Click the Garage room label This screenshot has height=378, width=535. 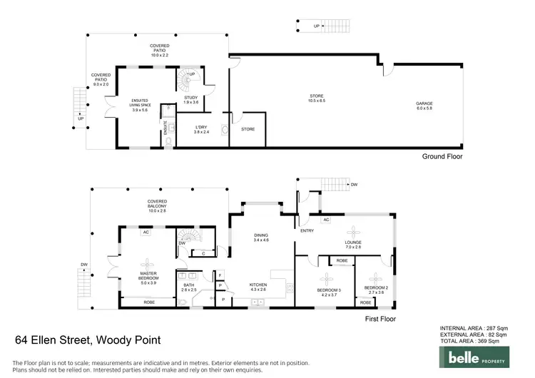(x=424, y=105)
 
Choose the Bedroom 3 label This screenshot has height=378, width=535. (x=330, y=290)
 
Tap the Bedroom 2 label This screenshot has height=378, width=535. (x=375, y=290)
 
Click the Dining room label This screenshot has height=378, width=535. (x=260, y=238)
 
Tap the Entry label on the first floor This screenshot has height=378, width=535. (x=307, y=230)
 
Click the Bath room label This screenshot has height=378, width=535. (x=189, y=287)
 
